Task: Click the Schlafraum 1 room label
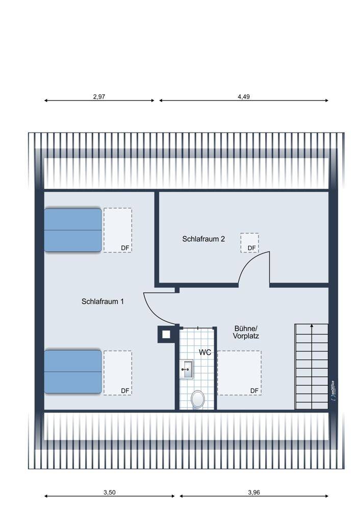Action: pyautogui.click(x=102, y=301)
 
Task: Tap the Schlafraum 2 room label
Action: pyautogui.click(x=203, y=239)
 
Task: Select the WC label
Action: pyautogui.click(x=205, y=352)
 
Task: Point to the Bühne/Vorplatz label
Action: pyautogui.click(x=246, y=332)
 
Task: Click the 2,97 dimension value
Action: pyautogui.click(x=99, y=96)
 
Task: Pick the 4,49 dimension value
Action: pyautogui.click(x=244, y=96)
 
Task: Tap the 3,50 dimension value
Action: pyautogui.click(x=109, y=493)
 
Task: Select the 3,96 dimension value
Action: pyautogui.click(x=254, y=493)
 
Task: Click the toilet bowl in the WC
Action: pyautogui.click(x=198, y=399)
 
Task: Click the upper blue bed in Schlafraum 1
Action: pyautogui.click(x=73, y=230)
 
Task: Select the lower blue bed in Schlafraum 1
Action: pyautogui.click(x=73, y=372)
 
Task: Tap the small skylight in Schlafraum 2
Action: pyautogui.click(x=250, y=243)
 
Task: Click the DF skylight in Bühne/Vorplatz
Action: pyautogui.click(x=239, y=373)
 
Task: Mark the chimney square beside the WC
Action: pyautogui.click(x=166, y=335)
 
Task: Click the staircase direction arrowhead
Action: pyautogui.click(x=312, y=325)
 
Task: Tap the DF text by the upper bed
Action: pyautogui.click(x=125, y=248)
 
